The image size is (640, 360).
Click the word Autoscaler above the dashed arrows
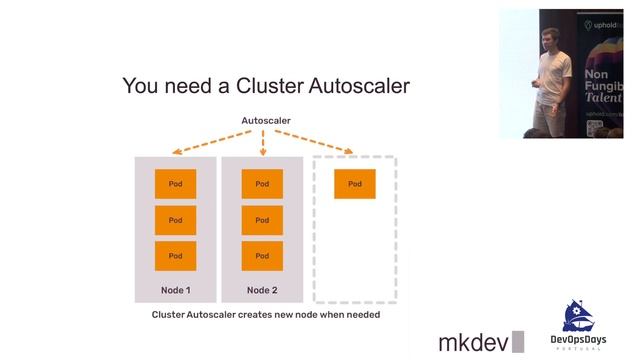coord(265,121)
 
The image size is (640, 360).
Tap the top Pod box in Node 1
coord(175,184)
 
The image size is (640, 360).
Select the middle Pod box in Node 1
coord(175,220)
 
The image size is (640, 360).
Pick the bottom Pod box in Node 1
coord(175,256)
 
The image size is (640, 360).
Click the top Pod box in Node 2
coord(262,184)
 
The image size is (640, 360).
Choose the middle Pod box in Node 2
coord(262,220)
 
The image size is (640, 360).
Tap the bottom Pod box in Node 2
coord(262,256)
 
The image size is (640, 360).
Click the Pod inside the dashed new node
coord(355,184)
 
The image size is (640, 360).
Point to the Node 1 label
coord(175,290)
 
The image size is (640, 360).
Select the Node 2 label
coord(262,290)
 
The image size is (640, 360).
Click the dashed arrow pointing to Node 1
coord(205,142)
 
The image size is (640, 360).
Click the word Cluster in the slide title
coord(269,86)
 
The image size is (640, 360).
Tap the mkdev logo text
coord(473,342)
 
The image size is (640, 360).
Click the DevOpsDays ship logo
coord(581,318)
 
